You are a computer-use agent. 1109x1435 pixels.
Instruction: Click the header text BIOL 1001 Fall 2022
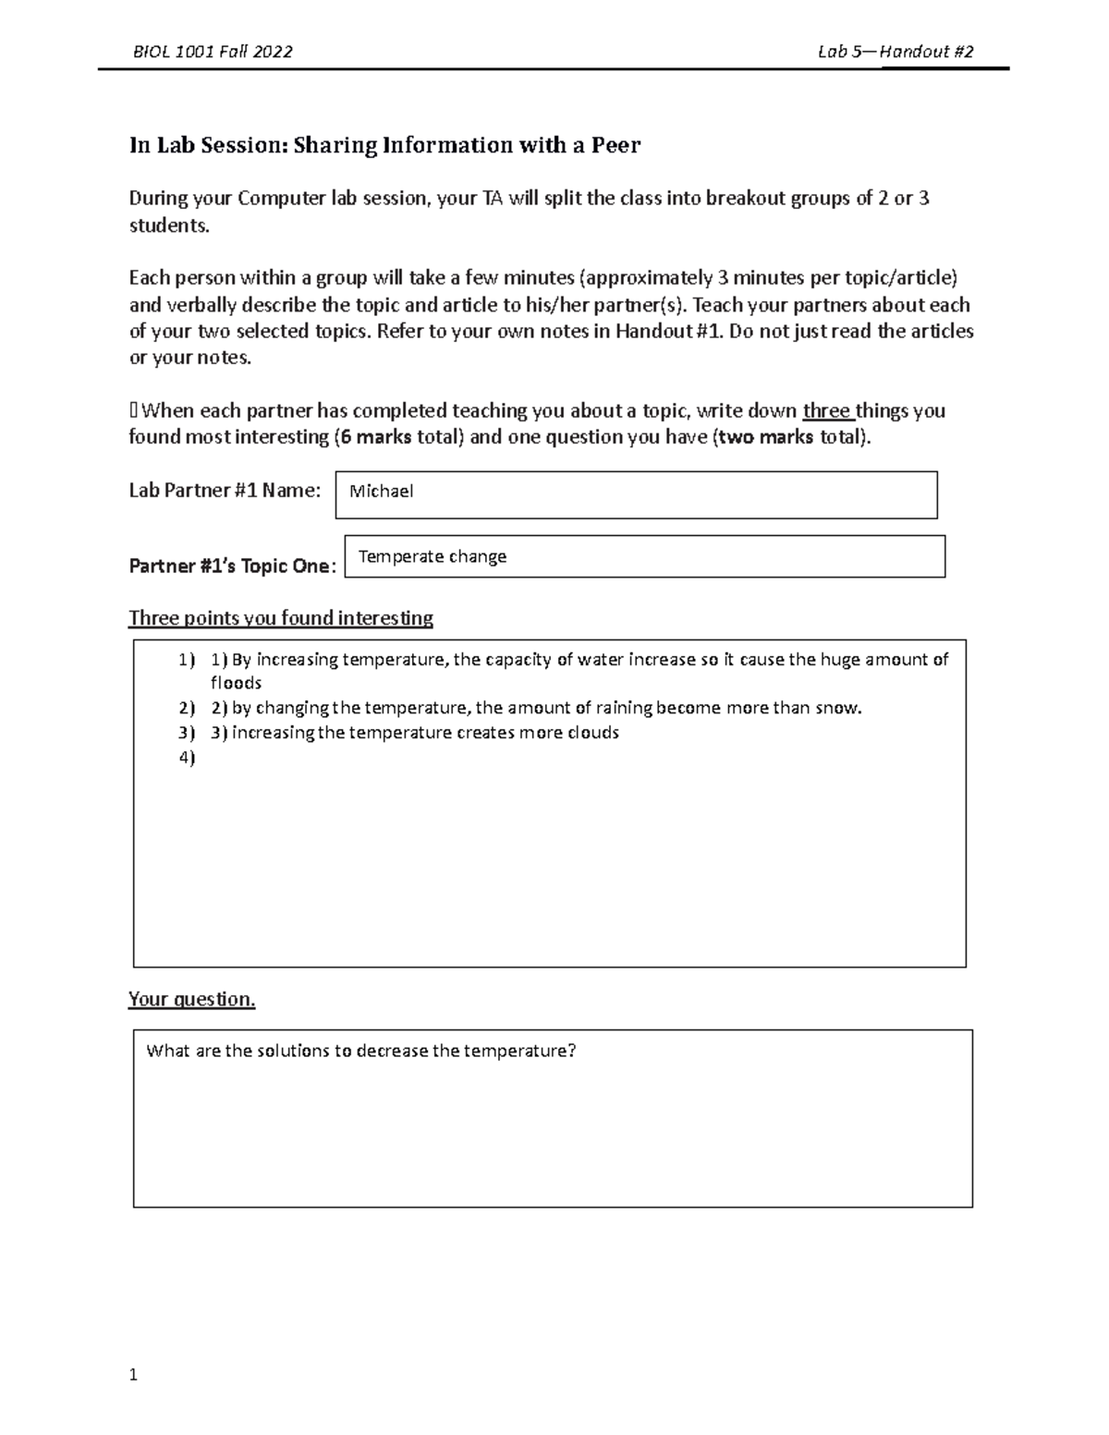click(x=213, y=52)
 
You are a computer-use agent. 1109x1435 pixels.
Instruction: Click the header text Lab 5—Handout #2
click(x=896, y=52)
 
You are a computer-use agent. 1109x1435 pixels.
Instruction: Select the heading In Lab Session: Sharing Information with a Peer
click(x=384, y=145)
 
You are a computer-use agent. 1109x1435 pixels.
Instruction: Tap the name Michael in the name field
click(x=381, y=492)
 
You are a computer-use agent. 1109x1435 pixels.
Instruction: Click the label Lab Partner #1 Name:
click(x=225, y=491)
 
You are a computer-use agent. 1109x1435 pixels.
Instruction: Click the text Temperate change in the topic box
click(x=433, y=556)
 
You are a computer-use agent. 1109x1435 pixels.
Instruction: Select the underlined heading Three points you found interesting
click(x=281, y=618)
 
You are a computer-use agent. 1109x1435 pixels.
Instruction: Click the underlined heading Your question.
click(x=191, y=999)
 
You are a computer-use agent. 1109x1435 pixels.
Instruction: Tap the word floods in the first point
click(x=237, y=683)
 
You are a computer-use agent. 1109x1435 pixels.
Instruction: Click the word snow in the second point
click(x=839, y=708)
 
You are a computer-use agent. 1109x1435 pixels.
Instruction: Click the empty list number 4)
click(x=187, y=758)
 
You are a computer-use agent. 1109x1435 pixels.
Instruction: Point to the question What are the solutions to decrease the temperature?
click(x=361, y=1051)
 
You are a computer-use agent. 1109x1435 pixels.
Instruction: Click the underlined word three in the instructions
click(x=826, y=411)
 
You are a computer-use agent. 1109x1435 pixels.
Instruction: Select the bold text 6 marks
click(x=375, y=437)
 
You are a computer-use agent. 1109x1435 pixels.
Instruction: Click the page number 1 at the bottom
click(x=133, y=1375)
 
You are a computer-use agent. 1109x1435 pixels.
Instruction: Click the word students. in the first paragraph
click(x=169, y=225)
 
